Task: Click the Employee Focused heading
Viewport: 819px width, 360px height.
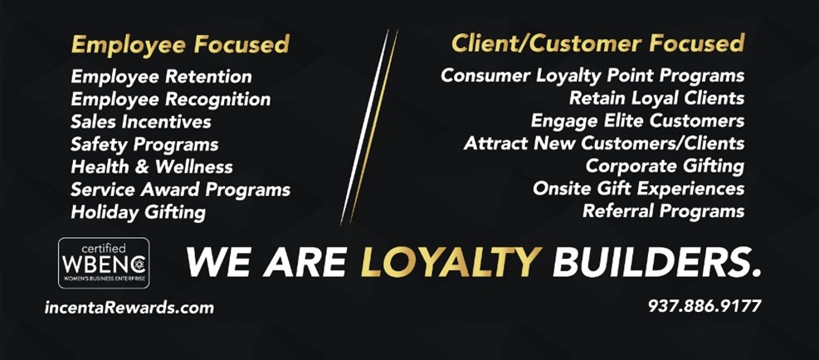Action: coord(180,45)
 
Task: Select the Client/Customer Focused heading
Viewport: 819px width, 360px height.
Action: coord(598,43)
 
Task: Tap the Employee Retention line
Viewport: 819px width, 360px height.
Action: coord(162,77)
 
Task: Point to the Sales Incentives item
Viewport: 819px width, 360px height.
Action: coord(141,122)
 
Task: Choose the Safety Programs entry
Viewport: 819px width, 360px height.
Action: coord(144,144)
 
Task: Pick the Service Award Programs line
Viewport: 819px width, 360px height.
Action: coord(181,190)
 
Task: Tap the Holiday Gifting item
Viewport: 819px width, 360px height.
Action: coord(139,212)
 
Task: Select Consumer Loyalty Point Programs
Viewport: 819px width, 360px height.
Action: coord(592,75)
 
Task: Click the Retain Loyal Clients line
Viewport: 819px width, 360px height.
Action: coord(657,98)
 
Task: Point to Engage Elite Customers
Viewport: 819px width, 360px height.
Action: coord(638,121)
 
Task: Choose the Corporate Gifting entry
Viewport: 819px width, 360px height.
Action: coord(665,166)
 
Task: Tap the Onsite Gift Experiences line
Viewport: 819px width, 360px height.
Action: coord(639,188)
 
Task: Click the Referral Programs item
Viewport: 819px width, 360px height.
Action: coord(664,211)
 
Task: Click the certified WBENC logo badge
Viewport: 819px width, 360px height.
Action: coord(104,263)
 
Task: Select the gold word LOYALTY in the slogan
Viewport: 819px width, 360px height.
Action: coord(451,261)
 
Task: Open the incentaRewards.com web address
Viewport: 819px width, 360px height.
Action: coord(129,307)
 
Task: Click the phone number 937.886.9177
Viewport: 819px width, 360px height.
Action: coord(704,305)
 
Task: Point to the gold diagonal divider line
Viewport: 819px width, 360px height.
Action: coord(373,127)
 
